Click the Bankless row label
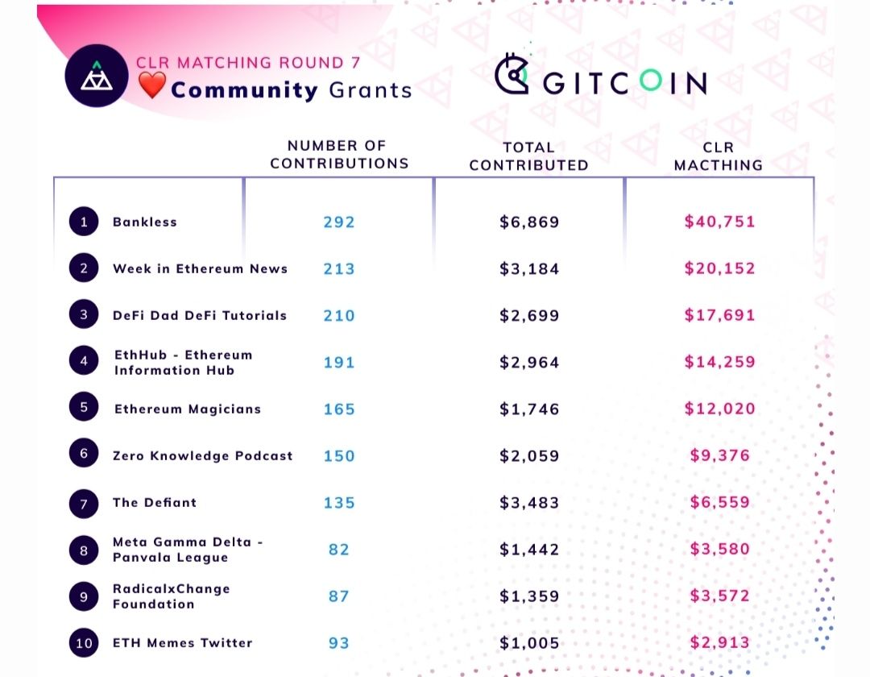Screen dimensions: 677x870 pyautogui.click(x=144, y=222)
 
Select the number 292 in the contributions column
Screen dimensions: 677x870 pyautogui.click(x=339, y=222)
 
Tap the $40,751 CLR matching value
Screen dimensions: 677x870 pyautogui.click(x=719, y=222)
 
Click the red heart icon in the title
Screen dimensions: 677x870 pyautogui.click(x=151, y=86)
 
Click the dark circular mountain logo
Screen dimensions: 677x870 pyautogui.click(x=96, y=76)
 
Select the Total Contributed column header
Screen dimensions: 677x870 pyautogui.click(x=528, y=156)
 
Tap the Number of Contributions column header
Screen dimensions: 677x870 pyautogui.click(x=339, y=154)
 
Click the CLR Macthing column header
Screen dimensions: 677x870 pyautogui.click(x=718, y=156)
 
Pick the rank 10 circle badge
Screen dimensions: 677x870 pyautogui.click(x=84, y=642)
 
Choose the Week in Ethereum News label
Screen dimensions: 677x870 pyautogui.click(x=200, y=269)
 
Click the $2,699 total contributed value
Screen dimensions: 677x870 pyautogui.click(x=529, y=315)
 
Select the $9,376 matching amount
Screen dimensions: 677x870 pyautogui.click(x=719, y=455)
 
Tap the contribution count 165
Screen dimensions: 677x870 pyautogui.click(x=339, y=409)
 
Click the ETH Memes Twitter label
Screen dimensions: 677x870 pyautogui.click(x=182, y=643)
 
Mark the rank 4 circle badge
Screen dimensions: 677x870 pyautogui.click(x=84, y=362)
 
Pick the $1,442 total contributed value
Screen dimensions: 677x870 pyautogui.click(x=529, y=550)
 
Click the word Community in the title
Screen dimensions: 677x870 pyautogui.click(x=244, y=89)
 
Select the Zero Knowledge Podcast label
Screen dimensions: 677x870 pyautogui.click(x=202, y=456)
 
